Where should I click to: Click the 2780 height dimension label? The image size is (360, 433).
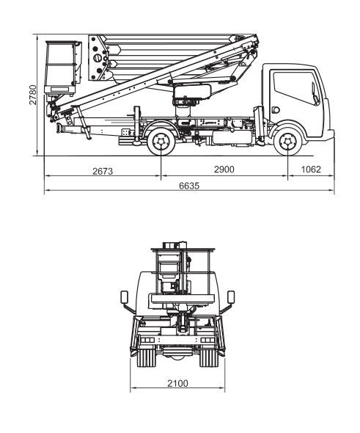pyautogui.click(x=33, y=95)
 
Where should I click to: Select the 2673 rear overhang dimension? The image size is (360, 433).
pyautogui.click(x=103, y=171)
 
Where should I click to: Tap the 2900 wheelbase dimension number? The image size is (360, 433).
pyautogui.click(x=224, y=170)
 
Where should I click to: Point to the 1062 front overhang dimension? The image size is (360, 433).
pyautogui.click(x=311, y=170)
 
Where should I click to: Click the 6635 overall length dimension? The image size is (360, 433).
pyautogui.click(x=189, y=186)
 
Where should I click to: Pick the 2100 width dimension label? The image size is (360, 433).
pyautogui.click(x=177, y=383)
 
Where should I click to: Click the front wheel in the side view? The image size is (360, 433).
pyautogui.click(x=287, y=142)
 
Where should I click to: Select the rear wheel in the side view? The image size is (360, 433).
pyautogui.click(x=161, y=142)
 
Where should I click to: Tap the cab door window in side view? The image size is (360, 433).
pyautogui.click(x=296, y=88)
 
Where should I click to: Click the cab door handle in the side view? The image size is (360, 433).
pyautogui.click(x=275, y=110)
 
